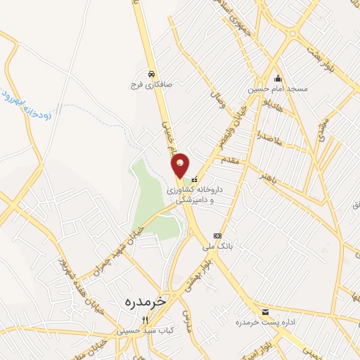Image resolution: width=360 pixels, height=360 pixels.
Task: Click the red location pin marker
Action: point(180,165)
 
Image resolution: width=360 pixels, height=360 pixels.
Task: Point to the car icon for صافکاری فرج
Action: point(151,73)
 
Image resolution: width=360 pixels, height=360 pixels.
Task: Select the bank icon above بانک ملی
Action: point(217,236)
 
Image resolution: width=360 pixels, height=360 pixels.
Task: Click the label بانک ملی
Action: point(217,247)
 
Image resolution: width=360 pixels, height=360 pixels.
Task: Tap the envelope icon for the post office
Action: point(265,311)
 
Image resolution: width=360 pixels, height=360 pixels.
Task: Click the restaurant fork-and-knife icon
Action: point(145,319)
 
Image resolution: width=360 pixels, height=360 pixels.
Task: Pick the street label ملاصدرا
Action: point(269,137)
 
